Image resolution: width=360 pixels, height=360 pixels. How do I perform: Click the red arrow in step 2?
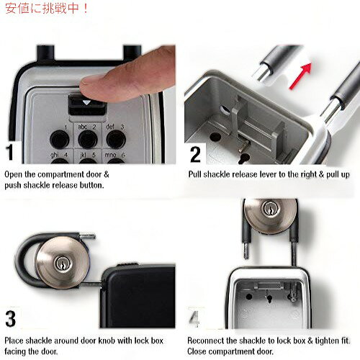(x=300, y=76)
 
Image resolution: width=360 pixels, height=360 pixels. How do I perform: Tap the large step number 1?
(x=10, y=152)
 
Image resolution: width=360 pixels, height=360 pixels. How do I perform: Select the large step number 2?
(x=195, y=155)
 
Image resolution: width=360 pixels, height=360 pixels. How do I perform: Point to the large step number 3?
(x=11, y=319)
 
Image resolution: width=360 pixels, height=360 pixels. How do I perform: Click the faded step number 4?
(x=194, y=318)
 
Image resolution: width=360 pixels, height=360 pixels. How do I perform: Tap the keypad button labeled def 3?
(x=116, y=140)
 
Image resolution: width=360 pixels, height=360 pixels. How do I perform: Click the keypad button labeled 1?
(x=60, y=140)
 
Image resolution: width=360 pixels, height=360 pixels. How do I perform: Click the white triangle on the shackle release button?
(x=86, y=103)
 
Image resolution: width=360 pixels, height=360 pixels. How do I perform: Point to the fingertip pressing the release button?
(x=89, y=85)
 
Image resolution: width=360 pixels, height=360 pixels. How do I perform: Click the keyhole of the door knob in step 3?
(x=62, y=264)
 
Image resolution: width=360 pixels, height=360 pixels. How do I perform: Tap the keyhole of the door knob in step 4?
(x=270, y=208)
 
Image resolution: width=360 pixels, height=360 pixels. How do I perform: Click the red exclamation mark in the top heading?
(x=85, y=9)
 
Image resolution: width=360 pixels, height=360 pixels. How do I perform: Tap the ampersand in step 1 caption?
(x=106, y=174)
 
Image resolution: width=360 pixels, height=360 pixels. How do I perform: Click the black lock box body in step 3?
(x=138, y=296)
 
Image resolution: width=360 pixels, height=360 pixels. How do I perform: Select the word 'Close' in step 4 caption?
(x=197, y=351)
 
